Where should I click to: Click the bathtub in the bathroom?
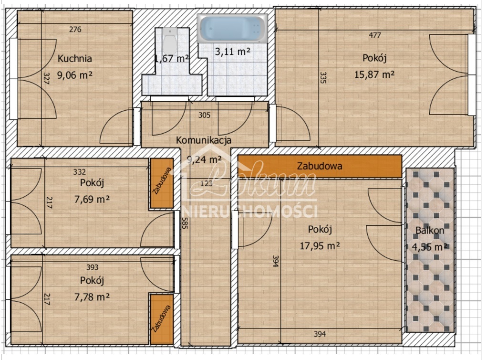[x=232, y=29]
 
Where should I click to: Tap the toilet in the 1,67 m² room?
[x=170, y=40]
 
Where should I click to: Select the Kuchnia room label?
[x=75, y=59]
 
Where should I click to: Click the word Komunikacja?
[x=204, y=140]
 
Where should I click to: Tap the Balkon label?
[x=430, y=230]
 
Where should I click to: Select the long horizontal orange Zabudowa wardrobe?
[x=320, y=167]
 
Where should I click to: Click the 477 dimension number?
[x=375, y=35]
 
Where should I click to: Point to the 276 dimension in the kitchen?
[x=75, y=30]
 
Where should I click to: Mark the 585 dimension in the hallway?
[x=185, y=223]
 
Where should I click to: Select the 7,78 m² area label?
[x=92, y=296]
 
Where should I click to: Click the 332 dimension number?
[x=80, y=171]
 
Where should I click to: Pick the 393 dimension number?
[x=92, y=267]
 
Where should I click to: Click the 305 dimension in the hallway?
[x=204, y=115]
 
